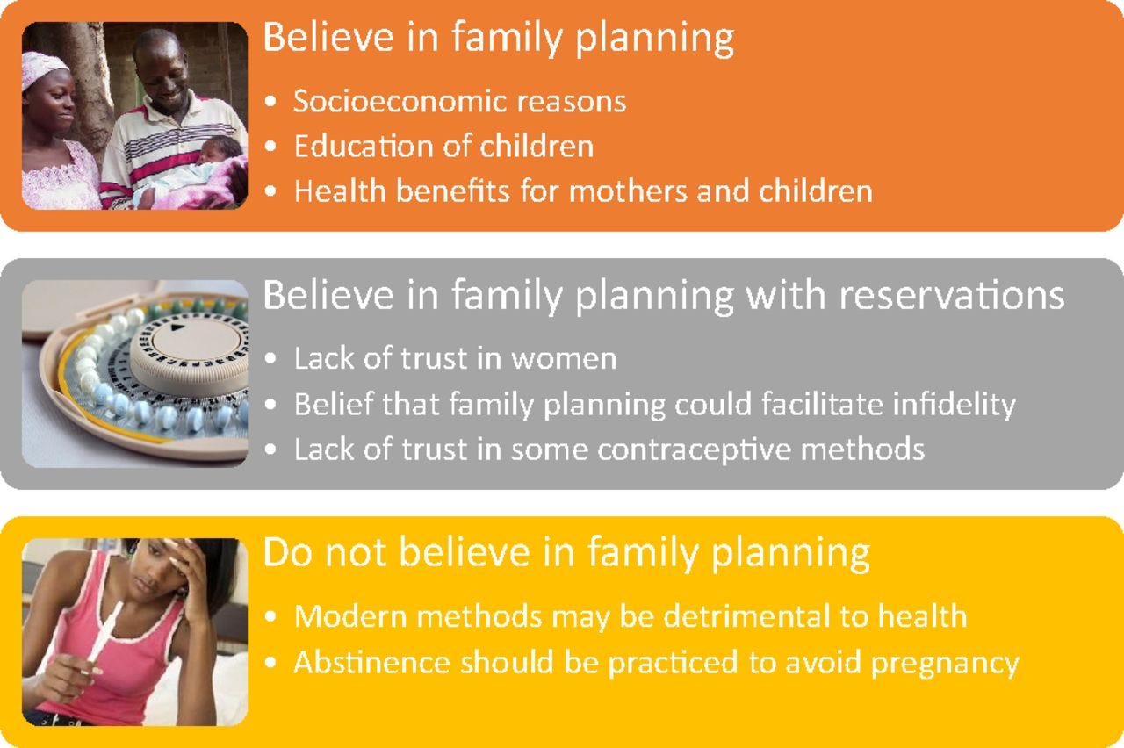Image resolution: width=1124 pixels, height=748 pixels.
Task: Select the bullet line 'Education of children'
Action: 443,146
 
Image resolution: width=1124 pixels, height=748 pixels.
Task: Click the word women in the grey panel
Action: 564,359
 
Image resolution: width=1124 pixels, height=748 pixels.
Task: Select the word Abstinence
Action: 371,662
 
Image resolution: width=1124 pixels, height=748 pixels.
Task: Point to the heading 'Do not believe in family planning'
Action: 566,553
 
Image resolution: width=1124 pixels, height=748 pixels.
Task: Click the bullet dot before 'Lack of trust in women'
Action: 270,358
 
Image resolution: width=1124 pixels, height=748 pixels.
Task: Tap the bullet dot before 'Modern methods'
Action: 270,616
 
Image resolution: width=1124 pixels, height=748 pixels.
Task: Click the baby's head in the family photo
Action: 220,149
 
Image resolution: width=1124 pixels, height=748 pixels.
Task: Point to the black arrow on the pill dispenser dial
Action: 177,327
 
